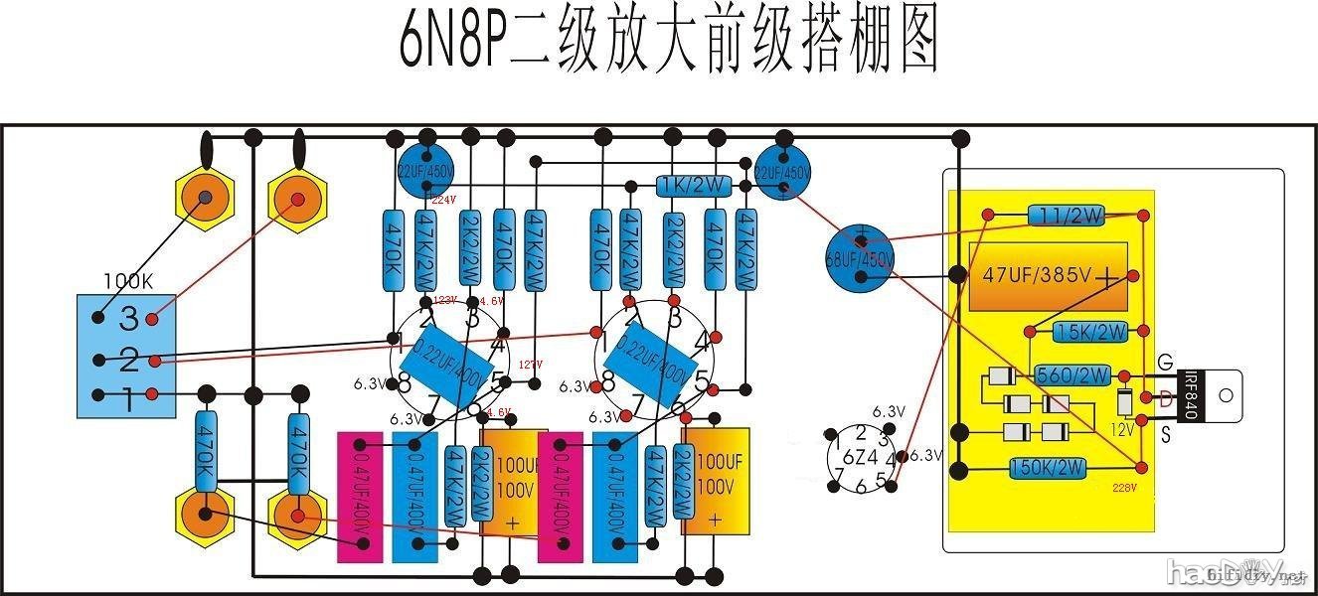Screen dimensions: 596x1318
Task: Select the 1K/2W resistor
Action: click(694, 186)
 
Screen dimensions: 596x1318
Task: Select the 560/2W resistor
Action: click(1071, 375)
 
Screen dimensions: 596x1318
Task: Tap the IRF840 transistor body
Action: click(1192, 394)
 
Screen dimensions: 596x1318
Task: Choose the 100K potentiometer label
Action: click(128, 280)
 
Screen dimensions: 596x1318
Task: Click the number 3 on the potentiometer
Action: click(128, 318)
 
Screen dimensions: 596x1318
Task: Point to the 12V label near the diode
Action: click(1122, 430)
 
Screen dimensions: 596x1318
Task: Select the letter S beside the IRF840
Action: click(1165, 434)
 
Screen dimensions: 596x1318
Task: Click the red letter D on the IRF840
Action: click(1165, 398)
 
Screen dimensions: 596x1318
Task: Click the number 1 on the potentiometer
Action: click(128, 400)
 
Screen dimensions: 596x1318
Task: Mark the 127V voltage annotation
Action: click(531, 365)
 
